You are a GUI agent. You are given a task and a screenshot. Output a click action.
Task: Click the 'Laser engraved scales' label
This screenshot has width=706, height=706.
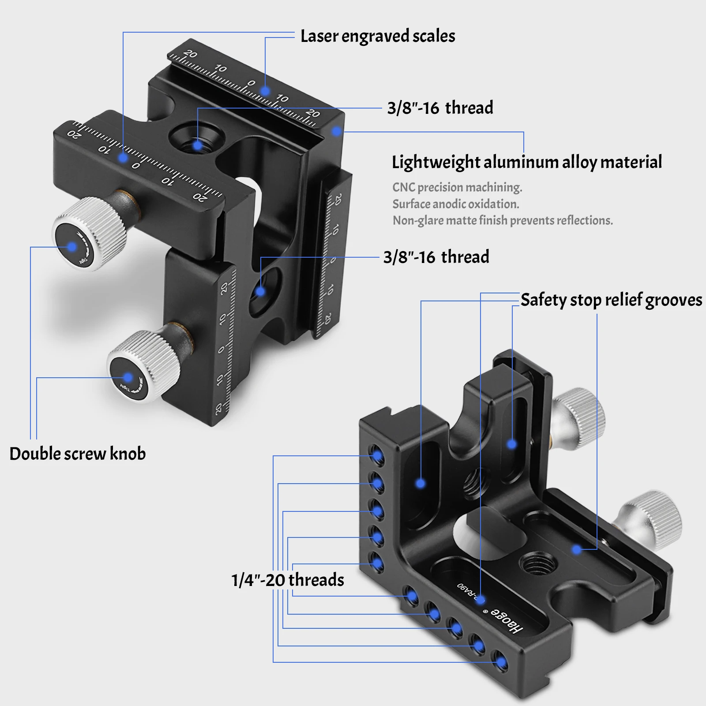coord(377,36)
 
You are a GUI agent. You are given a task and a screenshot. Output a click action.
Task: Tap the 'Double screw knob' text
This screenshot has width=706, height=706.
coord(78,454)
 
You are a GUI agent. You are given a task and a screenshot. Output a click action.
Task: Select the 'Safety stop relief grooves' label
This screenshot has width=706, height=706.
coord(611,300)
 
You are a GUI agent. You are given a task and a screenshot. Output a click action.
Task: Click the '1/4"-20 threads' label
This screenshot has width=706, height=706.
coord(287,580)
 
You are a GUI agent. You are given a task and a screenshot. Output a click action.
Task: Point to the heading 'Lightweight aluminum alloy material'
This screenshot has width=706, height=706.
coord(527,162)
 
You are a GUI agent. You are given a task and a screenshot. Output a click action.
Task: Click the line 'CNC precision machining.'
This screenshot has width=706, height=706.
coord(457,188)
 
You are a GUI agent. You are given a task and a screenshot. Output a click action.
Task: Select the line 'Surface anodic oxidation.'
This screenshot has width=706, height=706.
coord(455,204)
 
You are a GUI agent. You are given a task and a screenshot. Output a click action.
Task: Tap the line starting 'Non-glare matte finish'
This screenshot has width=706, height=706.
coord(503,220)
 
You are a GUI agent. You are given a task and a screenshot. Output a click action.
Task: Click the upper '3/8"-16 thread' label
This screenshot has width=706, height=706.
coord(440,108)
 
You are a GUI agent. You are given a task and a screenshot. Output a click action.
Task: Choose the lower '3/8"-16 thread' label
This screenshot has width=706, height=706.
coord(436,257)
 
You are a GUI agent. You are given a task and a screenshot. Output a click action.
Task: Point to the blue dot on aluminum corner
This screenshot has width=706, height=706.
coord(337,131)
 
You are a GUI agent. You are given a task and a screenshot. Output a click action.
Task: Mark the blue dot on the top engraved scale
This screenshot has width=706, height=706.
coord(265,91)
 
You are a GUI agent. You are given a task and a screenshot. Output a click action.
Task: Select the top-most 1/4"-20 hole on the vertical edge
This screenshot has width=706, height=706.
coord(376,455)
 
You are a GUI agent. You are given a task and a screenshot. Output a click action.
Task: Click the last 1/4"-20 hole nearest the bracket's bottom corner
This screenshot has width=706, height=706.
coord(500,662)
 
